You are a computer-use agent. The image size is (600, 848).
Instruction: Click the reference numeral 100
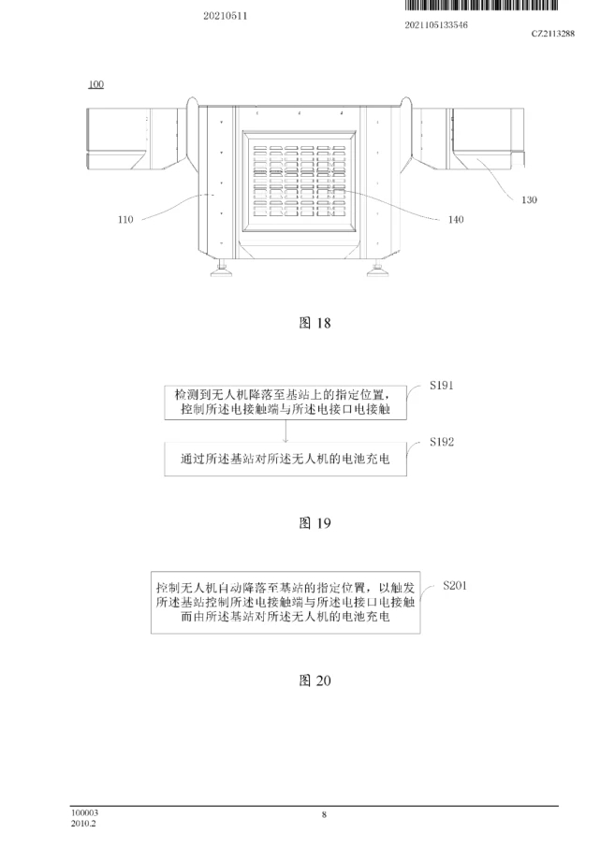(x=96, y=84)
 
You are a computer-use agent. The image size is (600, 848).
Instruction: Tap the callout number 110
(x=125, y=220)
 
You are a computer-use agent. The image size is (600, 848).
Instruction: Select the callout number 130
(x=529, y=200)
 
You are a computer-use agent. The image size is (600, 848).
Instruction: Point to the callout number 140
(x=456, y=220)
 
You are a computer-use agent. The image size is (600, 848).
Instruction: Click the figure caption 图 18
(x=315, y=323)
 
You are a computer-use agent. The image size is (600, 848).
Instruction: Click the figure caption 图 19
(x=315, y=523)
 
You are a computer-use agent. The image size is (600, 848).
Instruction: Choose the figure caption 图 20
(x=315, y=680)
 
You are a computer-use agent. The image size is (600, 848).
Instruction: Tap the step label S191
(x=442, y=386)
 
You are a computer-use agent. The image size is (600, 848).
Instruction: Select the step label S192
(x=442, y=442)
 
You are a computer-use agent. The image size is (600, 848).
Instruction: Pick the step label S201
(x=455, y=585)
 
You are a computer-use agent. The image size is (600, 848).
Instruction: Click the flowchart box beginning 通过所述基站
(x=285, y=460)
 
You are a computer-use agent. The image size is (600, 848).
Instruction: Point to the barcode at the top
(x=481, y=6)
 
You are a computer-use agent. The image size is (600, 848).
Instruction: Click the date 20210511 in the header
(x=225, y=16)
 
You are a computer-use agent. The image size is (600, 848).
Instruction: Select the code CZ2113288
(x=553, y=34)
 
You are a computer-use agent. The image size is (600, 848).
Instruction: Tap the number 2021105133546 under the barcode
(x=436, y=25)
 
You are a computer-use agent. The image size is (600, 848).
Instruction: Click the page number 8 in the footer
(x=324, y=814)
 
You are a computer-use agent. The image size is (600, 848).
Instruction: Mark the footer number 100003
(x=84, y=812)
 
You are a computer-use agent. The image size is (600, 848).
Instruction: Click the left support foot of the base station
(x=221, y=269)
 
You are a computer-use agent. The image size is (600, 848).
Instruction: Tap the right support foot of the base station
(x=377, y=269)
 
